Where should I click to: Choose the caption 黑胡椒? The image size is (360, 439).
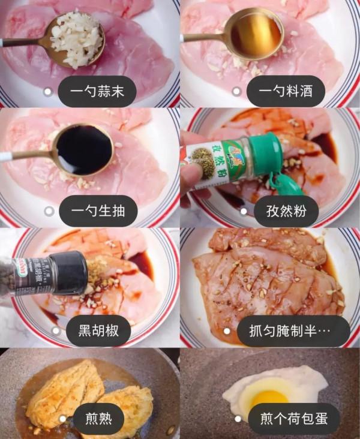97,330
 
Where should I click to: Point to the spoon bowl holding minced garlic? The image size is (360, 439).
77,39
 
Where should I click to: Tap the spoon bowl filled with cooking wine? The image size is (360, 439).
257,35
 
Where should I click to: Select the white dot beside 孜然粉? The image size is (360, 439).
244,211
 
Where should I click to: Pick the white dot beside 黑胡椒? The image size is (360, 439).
56,330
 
